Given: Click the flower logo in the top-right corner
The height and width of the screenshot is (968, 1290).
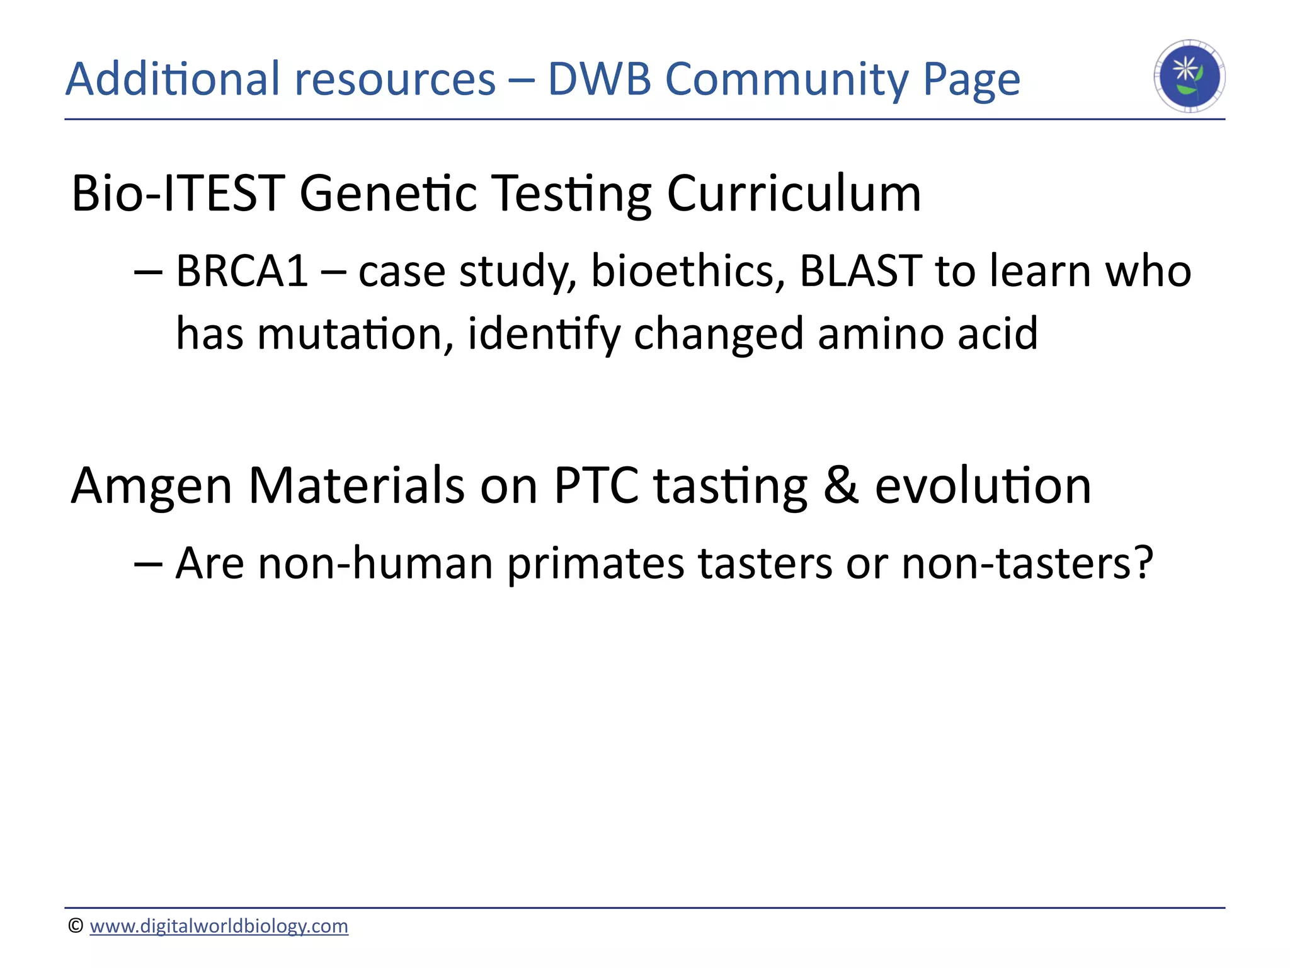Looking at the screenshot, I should coord(1189,76).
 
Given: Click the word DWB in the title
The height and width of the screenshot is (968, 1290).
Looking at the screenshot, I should coord(599,79).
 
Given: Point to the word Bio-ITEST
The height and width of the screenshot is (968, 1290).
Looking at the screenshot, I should coord(178,193).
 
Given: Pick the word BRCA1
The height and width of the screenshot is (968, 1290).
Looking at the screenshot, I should coord(242,271).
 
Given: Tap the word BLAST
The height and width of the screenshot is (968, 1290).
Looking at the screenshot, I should coord(860,271).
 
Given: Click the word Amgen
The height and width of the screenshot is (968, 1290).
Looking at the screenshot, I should coord(152,487).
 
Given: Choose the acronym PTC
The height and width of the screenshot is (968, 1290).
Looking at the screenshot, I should coord(596,487).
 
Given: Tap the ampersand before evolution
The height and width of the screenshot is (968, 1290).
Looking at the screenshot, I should coord(841,487).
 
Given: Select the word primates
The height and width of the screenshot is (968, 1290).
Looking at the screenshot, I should coord(595,563).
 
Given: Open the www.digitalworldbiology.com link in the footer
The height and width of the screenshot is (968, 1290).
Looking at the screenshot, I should coord(219,926).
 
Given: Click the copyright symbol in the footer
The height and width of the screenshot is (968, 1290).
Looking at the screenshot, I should coord(76,926).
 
